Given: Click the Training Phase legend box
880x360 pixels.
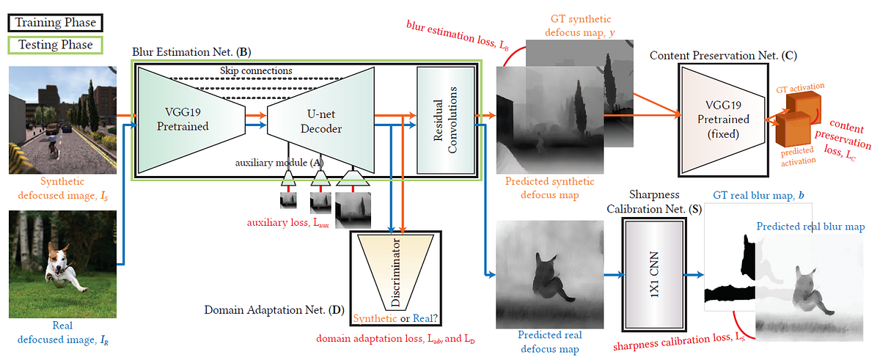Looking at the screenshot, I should coord(52,22).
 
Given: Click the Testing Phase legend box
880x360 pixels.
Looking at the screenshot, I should coord(52,45).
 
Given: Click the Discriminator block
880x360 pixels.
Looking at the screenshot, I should coord(397,271).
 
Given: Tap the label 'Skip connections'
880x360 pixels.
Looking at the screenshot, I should coord(256,70).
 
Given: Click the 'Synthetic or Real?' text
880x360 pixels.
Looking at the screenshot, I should coord(397,319).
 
